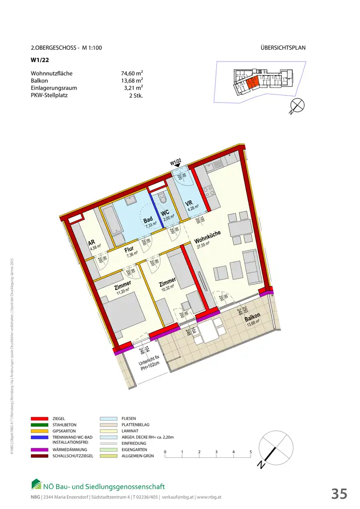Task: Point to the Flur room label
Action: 129,250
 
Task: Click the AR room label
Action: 91,243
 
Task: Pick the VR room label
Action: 189,203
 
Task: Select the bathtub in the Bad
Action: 113,221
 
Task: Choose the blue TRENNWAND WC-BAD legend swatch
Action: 39,437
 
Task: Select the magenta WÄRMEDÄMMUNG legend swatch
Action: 39,450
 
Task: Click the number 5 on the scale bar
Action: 251,452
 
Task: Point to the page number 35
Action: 340,494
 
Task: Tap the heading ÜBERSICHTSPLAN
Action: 282,48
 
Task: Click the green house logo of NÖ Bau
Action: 36,484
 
